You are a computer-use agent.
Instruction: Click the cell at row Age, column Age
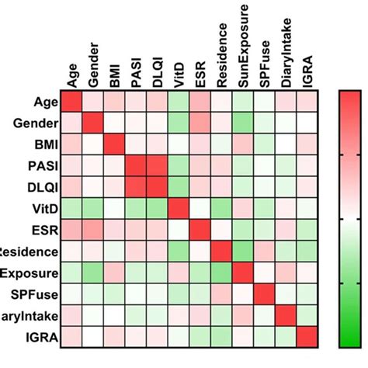[x=72, y=102]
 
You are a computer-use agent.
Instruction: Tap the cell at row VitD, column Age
[x=72, y=209]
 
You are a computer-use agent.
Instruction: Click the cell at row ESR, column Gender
[x=94, y=230]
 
